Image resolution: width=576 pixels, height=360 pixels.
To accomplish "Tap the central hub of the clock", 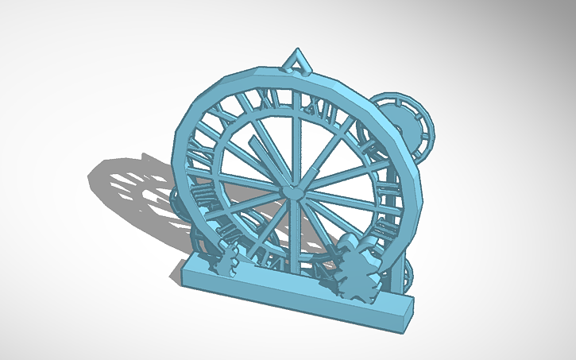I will click(292, 192).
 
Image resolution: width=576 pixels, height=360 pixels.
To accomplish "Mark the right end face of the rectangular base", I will click(408, 309).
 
